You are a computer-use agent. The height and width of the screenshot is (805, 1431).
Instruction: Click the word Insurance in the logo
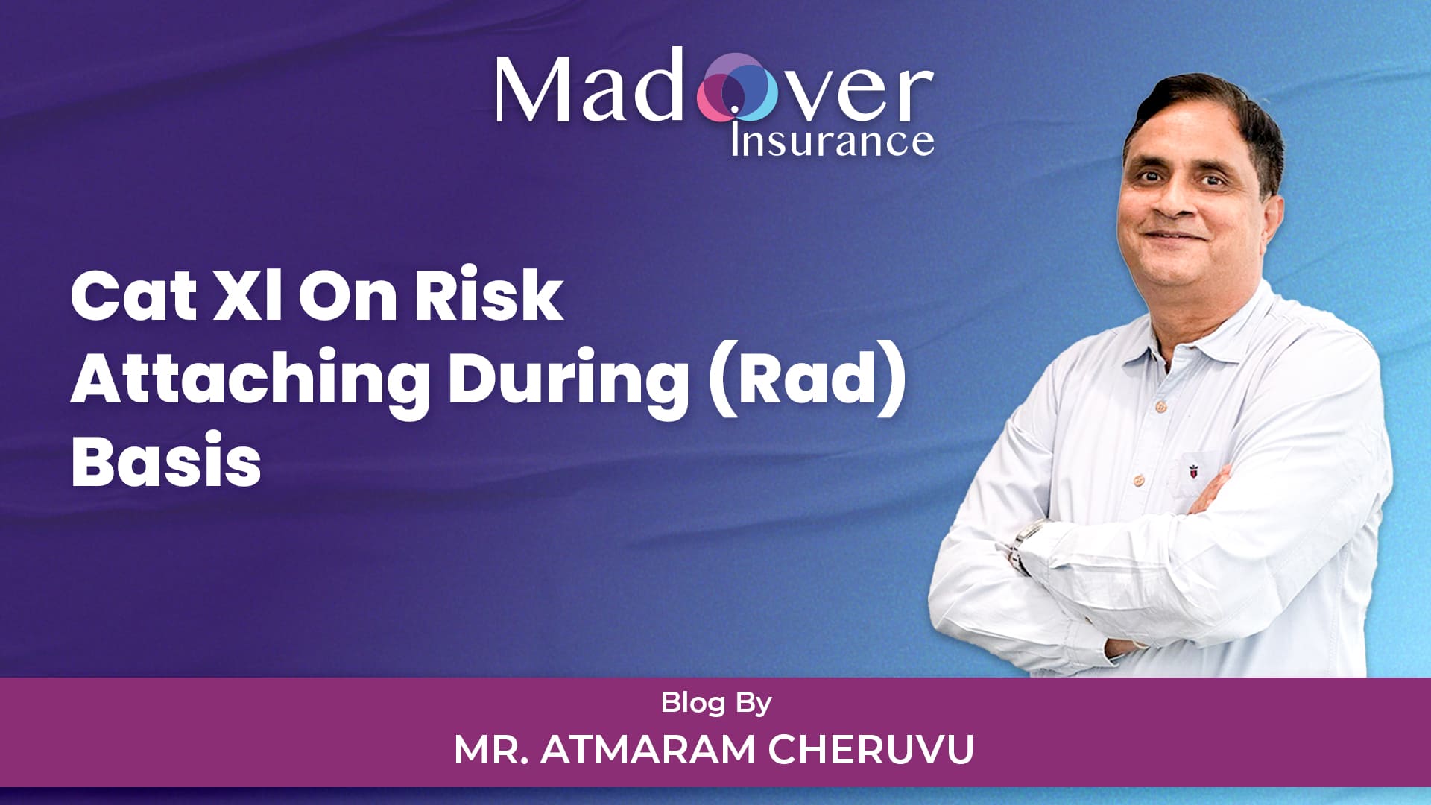832,140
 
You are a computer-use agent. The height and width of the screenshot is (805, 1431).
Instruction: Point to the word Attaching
250,380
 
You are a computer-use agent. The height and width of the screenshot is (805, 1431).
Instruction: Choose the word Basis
166,460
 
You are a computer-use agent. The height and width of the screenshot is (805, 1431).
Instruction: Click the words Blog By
716,703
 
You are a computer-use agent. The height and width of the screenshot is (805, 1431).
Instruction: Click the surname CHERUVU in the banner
871,749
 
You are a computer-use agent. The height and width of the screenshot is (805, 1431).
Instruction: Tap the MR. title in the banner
492,749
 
